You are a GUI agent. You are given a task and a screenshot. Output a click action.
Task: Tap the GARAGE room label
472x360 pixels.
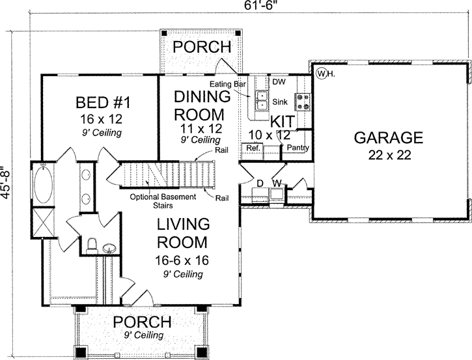(x=388, y=137)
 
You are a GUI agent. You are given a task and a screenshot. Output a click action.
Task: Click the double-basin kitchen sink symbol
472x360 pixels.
(x=262, y=99)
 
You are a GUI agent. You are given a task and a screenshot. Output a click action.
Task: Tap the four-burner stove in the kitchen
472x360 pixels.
(x=303, y=101)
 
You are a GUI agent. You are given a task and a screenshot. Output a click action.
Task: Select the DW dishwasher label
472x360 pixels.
(x=279, y=81)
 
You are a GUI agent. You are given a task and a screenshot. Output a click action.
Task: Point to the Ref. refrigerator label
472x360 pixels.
(x=252, y=148)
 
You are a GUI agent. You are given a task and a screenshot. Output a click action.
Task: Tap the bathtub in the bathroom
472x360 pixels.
(x=46, y=184)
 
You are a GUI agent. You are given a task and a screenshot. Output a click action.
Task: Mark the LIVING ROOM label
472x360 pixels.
(x=182, y=234)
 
